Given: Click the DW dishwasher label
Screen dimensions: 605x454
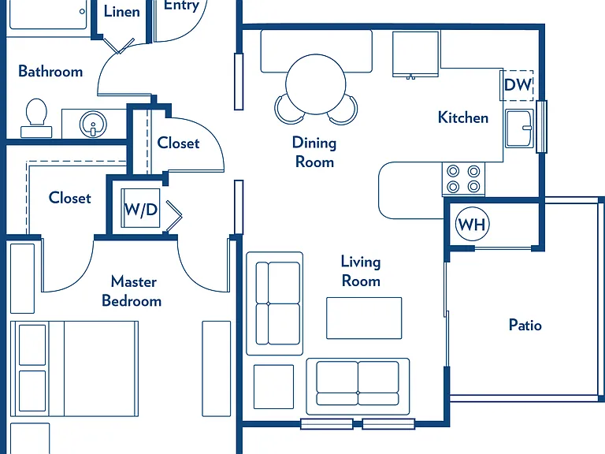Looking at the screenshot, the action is [x=518, y=84].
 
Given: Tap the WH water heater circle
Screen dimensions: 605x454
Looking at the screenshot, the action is [x=473, y=224].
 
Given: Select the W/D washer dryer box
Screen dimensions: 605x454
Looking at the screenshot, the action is [x=140, y=208].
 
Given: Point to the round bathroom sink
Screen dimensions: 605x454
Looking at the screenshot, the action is [x=93, y=124].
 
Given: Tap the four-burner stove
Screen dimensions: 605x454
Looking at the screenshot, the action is [x=463, y=179].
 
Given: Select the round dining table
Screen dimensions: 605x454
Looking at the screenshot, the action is [x=316, y=84].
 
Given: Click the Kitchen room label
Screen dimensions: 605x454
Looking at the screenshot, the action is [x=463, y=117].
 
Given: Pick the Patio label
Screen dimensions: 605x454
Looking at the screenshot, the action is [x=525, y=325].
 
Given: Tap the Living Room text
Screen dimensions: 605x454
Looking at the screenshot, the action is [x=361, y=271].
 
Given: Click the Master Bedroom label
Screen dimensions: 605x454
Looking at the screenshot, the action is [x=132, y=291].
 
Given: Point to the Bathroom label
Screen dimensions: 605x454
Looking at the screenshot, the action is [x=50, y=72].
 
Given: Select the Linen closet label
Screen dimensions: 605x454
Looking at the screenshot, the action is [x=122, y=11].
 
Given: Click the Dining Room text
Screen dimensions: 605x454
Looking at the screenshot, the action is [x=314, y=152].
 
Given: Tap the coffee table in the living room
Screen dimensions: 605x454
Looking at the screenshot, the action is [x=364, y=318].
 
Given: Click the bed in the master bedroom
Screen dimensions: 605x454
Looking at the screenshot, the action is [x=74, y=369].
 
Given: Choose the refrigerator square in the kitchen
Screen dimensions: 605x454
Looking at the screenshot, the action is [x=416, y=54].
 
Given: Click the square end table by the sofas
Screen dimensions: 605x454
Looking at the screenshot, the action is [x=273, y=386].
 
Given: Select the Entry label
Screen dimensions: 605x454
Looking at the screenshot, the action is [x=181, y=6].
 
